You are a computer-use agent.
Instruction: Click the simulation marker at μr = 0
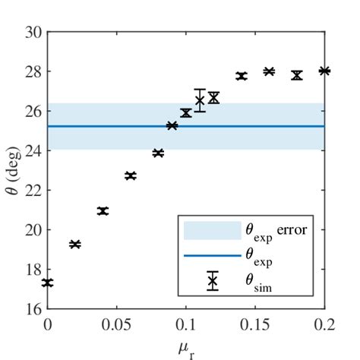click(x=48, y=283)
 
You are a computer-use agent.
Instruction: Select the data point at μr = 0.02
click(x=75, y=244)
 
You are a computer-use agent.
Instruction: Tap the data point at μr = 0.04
click(x=103, y=211)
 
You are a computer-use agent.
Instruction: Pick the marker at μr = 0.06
click(x=131, y=175)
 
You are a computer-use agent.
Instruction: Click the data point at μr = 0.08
click(x=158, y=153)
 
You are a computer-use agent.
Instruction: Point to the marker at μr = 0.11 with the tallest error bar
click(x=200, y=100)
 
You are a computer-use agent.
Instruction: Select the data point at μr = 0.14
click(x=242, y=76)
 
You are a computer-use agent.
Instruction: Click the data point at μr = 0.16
click(x=269, y=71)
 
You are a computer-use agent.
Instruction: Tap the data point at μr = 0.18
click(x=297, y=75)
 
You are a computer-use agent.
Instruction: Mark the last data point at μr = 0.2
click(x=324, y=71)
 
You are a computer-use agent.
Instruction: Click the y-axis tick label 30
click(x=32, y=32)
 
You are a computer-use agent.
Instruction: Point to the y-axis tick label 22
click(x=32, y=190)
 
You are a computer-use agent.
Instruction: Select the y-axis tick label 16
click(x=32, y=308)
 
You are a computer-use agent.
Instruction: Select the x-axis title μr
click(x=187, y=348)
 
